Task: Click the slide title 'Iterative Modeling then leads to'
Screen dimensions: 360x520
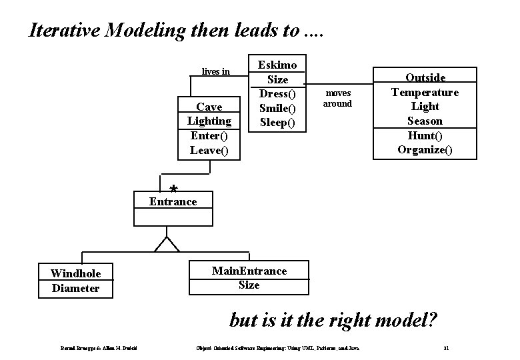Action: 175,30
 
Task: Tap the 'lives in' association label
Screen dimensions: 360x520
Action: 215,71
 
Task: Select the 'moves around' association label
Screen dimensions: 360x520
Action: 337,98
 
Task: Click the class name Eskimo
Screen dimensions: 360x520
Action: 277,65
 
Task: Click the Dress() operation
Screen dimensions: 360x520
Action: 277,94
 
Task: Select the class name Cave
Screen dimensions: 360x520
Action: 209,107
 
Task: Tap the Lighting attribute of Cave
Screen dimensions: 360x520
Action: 209,121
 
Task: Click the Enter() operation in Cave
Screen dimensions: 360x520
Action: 209,135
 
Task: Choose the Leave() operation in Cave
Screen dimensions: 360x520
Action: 209,150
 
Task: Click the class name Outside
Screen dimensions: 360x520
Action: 425,78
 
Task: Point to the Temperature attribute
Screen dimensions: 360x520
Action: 425,92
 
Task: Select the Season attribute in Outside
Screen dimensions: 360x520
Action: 425,121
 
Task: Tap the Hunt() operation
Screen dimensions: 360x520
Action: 425,135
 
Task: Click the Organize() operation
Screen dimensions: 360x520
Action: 425,149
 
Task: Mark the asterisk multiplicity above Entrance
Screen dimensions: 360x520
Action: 173,189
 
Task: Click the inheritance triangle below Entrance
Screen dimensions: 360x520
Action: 167,244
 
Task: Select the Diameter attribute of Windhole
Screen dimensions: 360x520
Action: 75,288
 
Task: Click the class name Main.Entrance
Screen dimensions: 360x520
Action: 249,271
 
